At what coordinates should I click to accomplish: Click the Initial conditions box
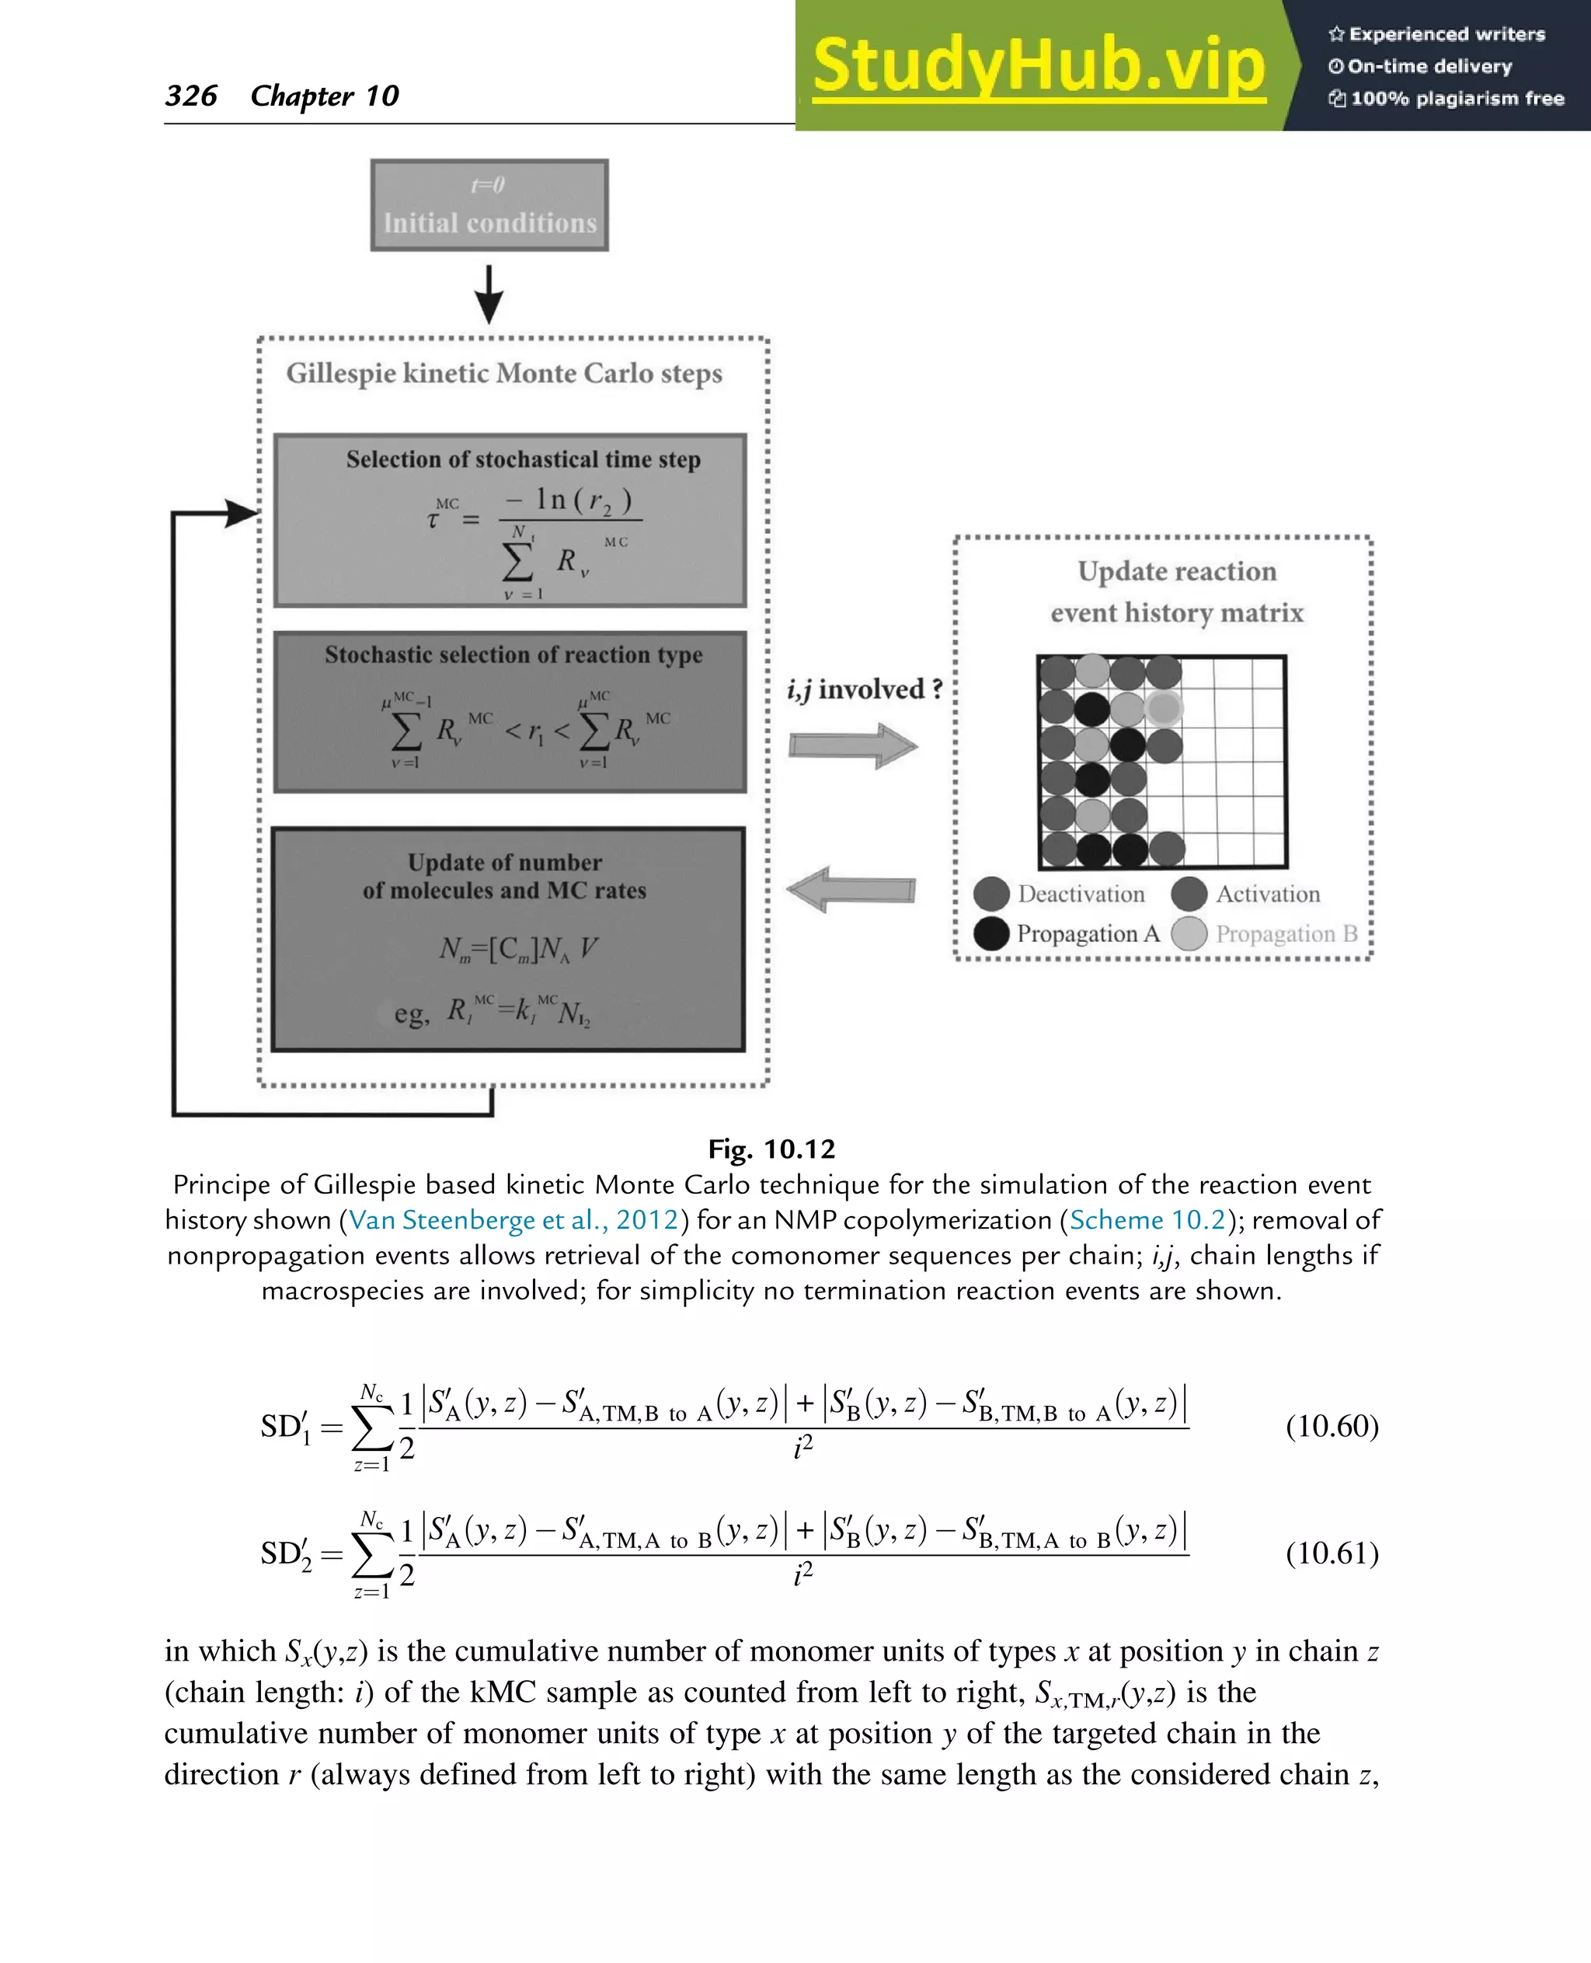[x=489, y=205]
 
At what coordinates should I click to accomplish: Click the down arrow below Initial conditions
[x=489, y=294]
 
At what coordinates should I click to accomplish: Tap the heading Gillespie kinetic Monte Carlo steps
[x=504, y=374]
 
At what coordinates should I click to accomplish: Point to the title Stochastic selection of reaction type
[x=514, y=654]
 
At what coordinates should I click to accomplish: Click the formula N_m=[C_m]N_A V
[x=518, y=948]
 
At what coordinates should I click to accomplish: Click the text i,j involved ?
[x=864, y=689]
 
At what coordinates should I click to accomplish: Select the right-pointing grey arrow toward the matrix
[x=852, y=744]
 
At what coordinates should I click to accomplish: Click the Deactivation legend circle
[x=991, y=894]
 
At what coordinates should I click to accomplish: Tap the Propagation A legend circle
[x=991, y=933]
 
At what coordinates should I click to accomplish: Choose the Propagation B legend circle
[x=1189, y=933]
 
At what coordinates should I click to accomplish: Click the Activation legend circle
[x=1189, y=894]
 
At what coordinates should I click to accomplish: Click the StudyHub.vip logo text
[x=1039, y=66]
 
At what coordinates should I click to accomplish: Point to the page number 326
[x=190, y=96]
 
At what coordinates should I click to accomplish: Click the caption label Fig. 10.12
[x=771, y=1149]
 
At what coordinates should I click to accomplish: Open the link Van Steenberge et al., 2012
[x=514, y=1220]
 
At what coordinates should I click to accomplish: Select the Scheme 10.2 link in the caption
[x=1147, y=1220]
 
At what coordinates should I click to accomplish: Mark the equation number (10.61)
[x=1332, y=1553]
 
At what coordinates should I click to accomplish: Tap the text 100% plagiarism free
[x=1457, y=98]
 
